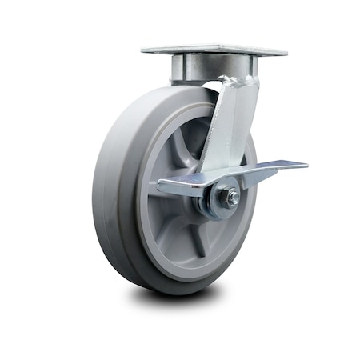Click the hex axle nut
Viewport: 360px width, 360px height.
coord(231,198)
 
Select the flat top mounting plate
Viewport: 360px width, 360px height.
coord(214,50)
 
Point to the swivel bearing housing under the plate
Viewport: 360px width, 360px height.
coord(192,70)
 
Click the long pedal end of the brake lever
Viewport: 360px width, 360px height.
coord(280,166)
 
